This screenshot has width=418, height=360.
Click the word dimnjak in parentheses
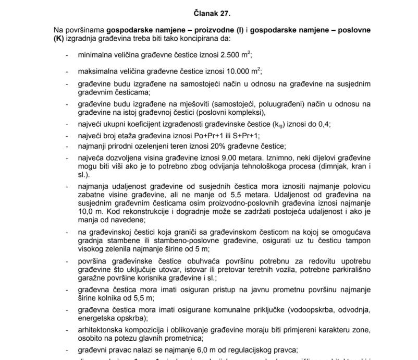(326, 166)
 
